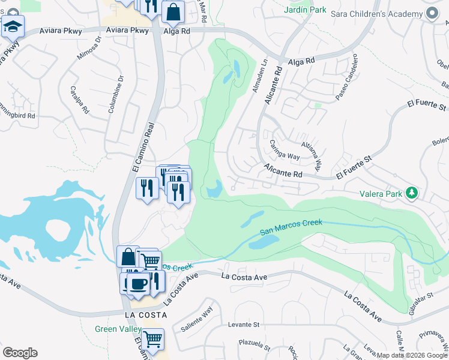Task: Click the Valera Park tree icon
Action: pos(412,193)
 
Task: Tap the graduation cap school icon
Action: pos(13,27)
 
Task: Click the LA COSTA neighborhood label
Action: pos(143,314)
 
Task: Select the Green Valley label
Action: pos(118,329)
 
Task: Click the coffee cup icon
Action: pos(138,283)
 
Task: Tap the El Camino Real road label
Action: pos(143,147)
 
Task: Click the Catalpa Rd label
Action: pos(80,102)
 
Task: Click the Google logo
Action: pos(20,353)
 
